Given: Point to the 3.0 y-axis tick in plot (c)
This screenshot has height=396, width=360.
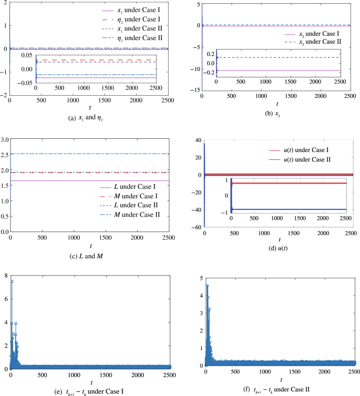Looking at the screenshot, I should pyautogui.click(x=5, y=139).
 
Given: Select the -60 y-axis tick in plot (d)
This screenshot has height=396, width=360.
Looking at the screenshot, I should pyautogui.click(x=192, y=228).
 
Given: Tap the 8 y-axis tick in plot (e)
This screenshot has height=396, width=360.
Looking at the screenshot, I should pyautogui.click(x=5, y=275).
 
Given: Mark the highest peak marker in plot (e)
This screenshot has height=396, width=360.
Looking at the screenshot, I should pyautogui.click(x=12, y=281).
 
